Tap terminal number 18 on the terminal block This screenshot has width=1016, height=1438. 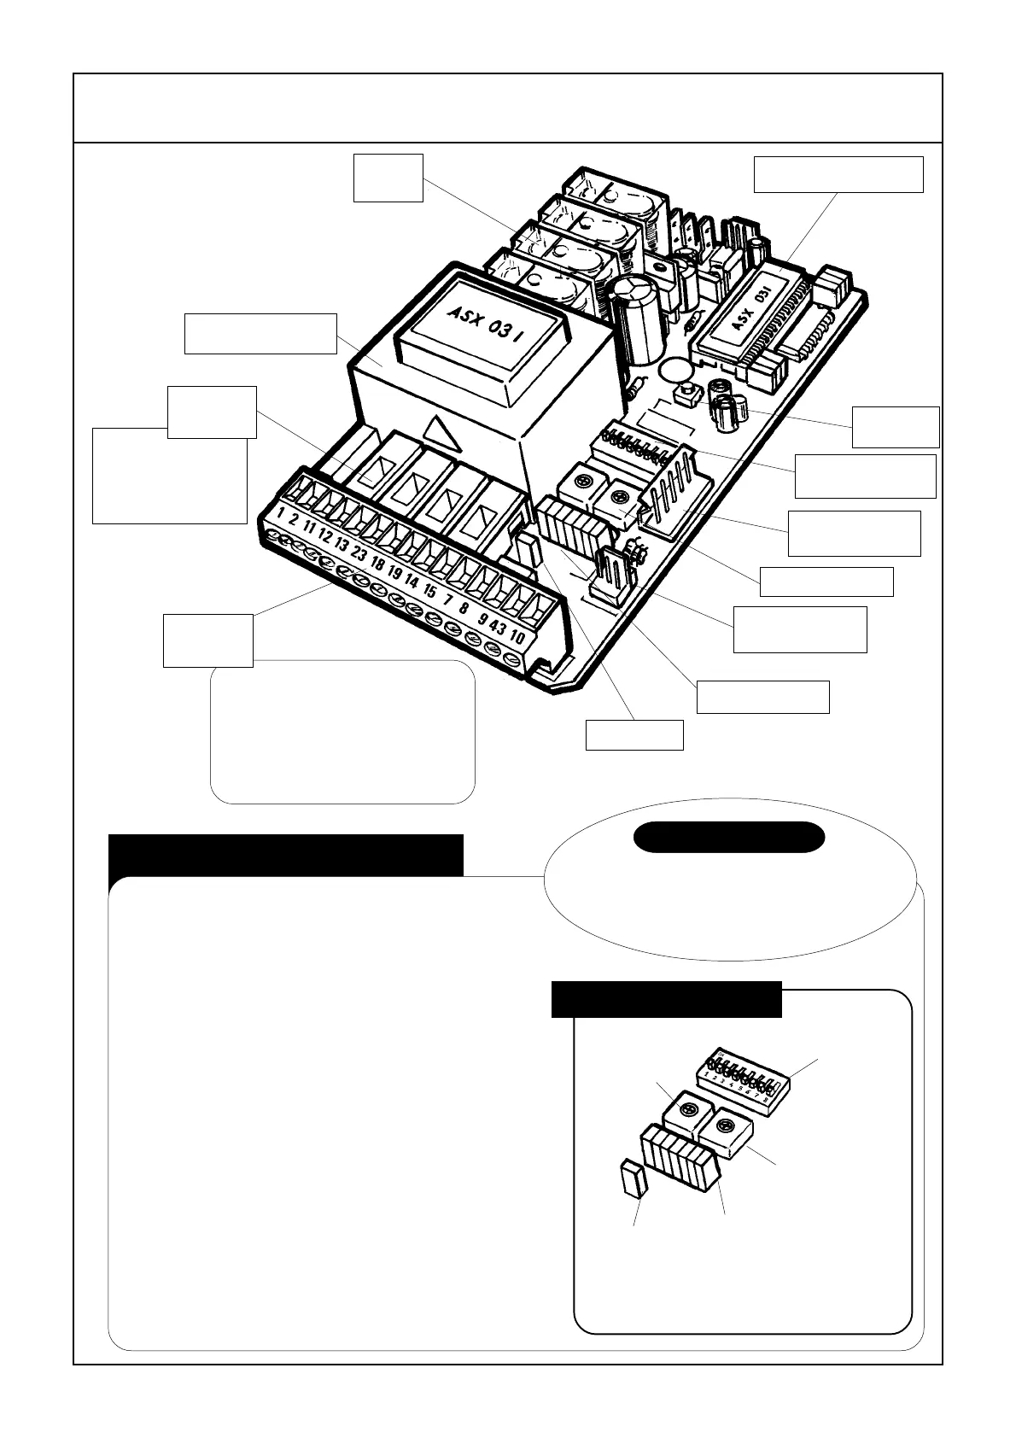click(x=378, y=564)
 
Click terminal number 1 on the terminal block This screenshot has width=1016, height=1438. click(x=281, y=515)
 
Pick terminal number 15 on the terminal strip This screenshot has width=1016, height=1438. click(x=429, y=591)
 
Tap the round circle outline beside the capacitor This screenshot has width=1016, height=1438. click(x=674, y=371)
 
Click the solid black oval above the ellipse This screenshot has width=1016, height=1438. click(x=729, y=837)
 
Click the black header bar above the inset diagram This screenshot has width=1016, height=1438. click(x=666, y=999)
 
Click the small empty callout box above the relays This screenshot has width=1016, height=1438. click(x=388, y=178)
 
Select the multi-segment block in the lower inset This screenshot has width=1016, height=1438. click(x=680, y=1159)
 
